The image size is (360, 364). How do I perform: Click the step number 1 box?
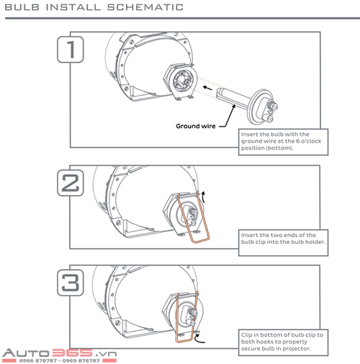click(71, 50)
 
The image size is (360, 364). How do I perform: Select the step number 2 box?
click(71, 183)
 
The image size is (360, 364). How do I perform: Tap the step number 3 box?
click(71, 283)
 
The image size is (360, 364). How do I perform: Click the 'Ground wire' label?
click(196, 126)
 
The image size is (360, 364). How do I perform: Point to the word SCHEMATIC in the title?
click(145, 7)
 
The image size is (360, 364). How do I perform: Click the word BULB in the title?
click(22, 7)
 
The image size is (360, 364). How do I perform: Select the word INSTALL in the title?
click(73, 7)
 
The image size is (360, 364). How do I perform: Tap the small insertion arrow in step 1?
click(207, 88)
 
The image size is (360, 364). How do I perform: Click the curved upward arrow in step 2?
click(204, 196)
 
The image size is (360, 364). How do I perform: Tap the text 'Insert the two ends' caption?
click(283, 239)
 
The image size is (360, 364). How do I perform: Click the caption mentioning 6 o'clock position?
click(281, 141)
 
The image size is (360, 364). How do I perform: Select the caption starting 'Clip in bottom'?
click(282, 342)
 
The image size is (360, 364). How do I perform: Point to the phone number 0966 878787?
click(37, 360)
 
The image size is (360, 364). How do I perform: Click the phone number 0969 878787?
click(81, 360)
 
